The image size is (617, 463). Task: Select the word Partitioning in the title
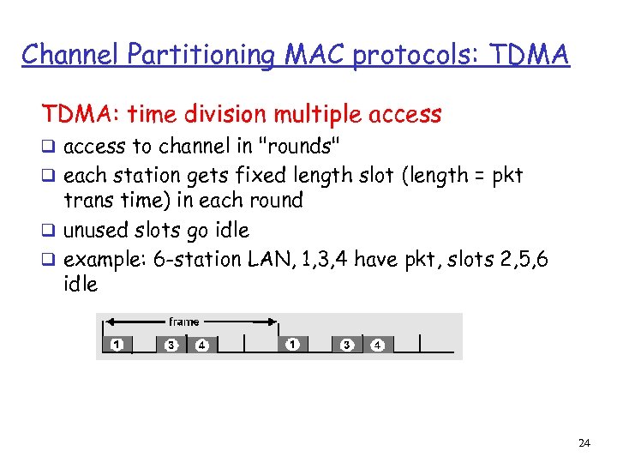200,54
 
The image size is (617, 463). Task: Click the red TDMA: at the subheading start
79,113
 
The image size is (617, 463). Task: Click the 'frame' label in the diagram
183,322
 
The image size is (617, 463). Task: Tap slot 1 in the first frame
117,345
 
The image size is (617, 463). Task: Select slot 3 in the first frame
171,345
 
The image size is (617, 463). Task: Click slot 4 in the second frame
377,345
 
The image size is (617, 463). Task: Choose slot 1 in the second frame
293,345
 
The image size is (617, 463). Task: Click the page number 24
584,443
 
